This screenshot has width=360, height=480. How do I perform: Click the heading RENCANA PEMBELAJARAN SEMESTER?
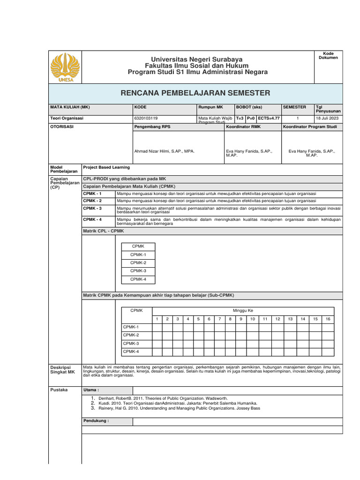[195, 93]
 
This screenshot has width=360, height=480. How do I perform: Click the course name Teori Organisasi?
[67, 119]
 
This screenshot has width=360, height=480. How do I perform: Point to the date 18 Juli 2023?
[327, 119]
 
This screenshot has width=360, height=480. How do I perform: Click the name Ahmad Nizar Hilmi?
[164, 151]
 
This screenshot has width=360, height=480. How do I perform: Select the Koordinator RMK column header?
[243, 127]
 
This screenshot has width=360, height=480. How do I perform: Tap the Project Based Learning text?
[106, 167]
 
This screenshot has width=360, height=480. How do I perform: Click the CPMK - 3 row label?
[92, 208]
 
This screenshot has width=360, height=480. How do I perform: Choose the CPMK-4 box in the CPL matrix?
[138, 279]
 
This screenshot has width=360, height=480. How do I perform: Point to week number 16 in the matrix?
[328, 319]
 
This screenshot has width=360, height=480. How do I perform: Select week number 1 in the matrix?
[157, 319]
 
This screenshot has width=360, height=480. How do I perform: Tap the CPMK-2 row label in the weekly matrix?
[131, 335]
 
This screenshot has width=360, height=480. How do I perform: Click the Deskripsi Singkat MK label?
[62, 369]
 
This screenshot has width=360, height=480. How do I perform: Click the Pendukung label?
[96, 421]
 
